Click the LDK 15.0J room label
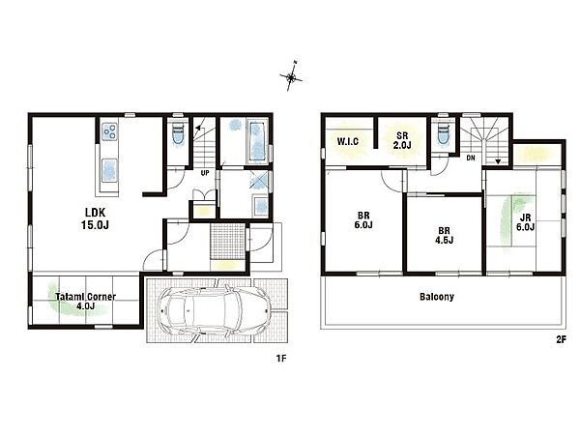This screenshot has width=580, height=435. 95,218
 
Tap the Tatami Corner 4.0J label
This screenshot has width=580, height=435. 85,301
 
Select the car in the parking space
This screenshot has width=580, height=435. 214,309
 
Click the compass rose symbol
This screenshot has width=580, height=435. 291,76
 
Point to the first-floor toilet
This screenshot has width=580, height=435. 178,134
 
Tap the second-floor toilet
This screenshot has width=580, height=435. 443,133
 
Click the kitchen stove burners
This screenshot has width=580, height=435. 109,131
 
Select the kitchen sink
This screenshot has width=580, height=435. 109,170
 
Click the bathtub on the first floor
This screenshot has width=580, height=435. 258,141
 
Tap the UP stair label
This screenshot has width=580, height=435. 205,173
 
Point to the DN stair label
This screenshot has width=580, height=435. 471,158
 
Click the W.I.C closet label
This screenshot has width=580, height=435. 348,141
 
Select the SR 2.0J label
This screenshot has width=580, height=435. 402,140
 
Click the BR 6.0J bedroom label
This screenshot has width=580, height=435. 363,220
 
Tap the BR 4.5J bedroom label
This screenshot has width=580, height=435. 444,236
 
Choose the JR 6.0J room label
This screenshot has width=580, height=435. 525,222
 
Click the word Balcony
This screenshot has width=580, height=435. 437,297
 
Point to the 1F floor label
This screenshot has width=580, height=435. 281,358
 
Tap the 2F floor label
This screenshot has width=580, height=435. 561,339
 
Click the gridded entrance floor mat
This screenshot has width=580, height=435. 228,241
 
